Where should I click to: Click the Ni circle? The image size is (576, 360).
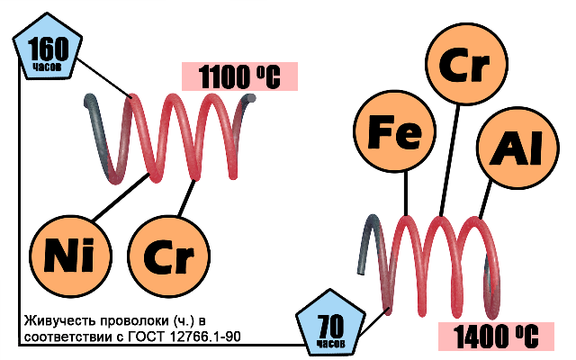pyautogui.click(x=69, y=252)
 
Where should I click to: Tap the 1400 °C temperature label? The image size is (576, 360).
pyautogui.click(x=494, y=336)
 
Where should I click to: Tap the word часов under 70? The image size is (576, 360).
pyautogui.click(x=330, y=344)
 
